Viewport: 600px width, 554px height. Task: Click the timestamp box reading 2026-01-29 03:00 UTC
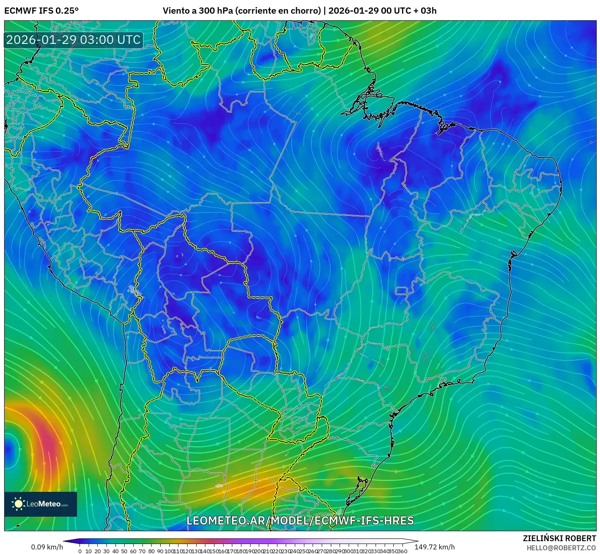pos(73,40)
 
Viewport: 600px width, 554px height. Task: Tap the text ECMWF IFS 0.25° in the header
pos(41,11)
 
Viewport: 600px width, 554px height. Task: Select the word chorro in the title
pos(305,11)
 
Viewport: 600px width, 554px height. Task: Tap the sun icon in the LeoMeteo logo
pos(18,504)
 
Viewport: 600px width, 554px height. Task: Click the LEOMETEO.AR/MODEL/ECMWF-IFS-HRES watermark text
pos(300,520)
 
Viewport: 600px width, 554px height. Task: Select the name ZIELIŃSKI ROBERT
pos(559,538)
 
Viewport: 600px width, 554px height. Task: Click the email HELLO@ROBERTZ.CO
pos(561,548)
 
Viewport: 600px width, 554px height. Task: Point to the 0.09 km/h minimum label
pos(47,547)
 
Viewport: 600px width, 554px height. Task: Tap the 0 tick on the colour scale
pos(80,551)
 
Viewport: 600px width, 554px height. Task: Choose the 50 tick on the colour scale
pos(124,551)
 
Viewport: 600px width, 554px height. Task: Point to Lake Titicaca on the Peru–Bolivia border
pos(135,290)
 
